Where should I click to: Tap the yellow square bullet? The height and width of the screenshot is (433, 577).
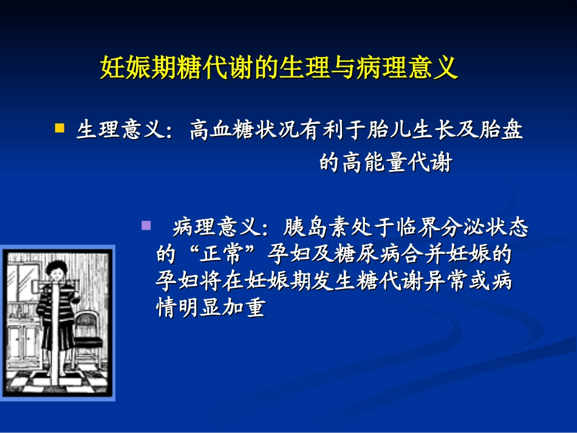60,128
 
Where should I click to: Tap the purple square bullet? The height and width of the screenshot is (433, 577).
146,225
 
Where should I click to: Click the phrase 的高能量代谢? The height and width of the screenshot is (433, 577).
386,163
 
